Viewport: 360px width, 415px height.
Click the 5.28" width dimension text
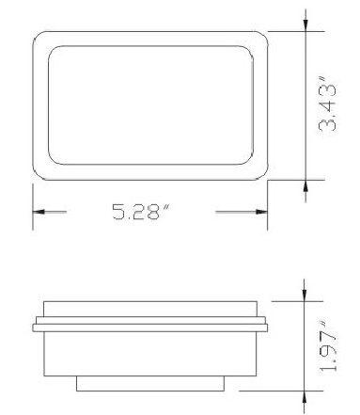pos(141,212)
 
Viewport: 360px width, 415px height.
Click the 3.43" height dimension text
pos(327,104)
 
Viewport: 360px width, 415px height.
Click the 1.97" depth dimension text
pos(328,347)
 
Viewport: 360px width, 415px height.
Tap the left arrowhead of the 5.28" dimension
pos(39,212)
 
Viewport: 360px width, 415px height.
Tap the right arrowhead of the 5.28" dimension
pos(261,212)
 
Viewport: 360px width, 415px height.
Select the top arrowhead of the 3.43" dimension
pos(305,25)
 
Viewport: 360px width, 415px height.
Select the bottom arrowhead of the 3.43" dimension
pos(305,186)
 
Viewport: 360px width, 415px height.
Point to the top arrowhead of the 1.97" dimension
pos(305,295)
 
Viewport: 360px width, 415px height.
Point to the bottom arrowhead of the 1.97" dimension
pos(305,397)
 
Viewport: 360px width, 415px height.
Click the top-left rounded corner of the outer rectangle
pos(37,35)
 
